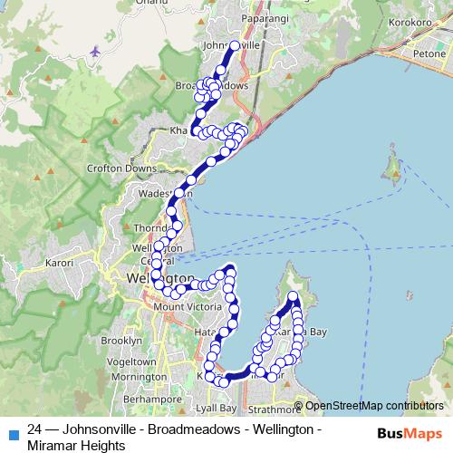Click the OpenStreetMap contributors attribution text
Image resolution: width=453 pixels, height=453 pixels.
click(374, 406)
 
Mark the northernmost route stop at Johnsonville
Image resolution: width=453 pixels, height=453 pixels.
click(236, 44)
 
